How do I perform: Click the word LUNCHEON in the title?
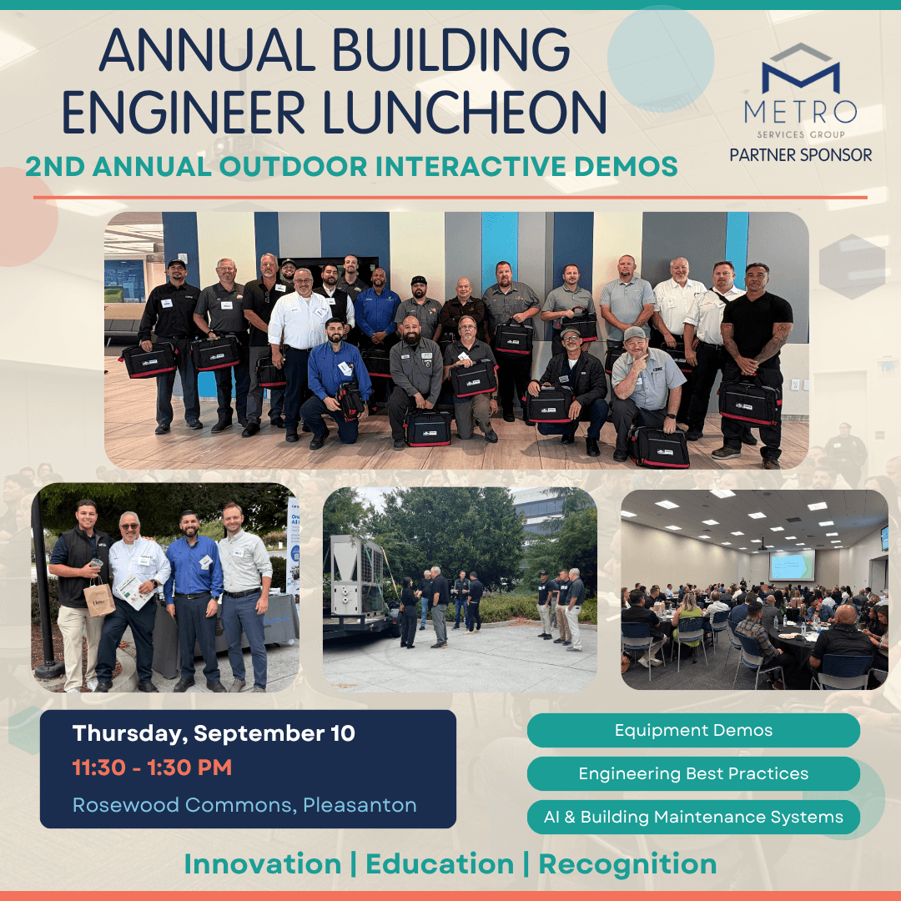(464, 112)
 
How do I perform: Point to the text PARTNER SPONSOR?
(800, 154)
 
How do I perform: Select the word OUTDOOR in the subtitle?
(293, 167)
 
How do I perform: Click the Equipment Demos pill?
(693, 730)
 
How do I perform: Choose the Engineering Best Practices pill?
(693, 773)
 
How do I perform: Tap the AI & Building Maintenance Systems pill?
(693, 817)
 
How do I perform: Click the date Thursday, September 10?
(214, 734)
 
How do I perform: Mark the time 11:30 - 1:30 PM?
(153, 768)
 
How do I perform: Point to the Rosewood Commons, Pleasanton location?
(244, 805)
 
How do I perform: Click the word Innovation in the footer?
(263, 864)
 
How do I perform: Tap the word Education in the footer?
(440, 864)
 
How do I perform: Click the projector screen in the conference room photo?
(792, 565)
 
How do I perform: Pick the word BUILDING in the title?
(450, 51)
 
